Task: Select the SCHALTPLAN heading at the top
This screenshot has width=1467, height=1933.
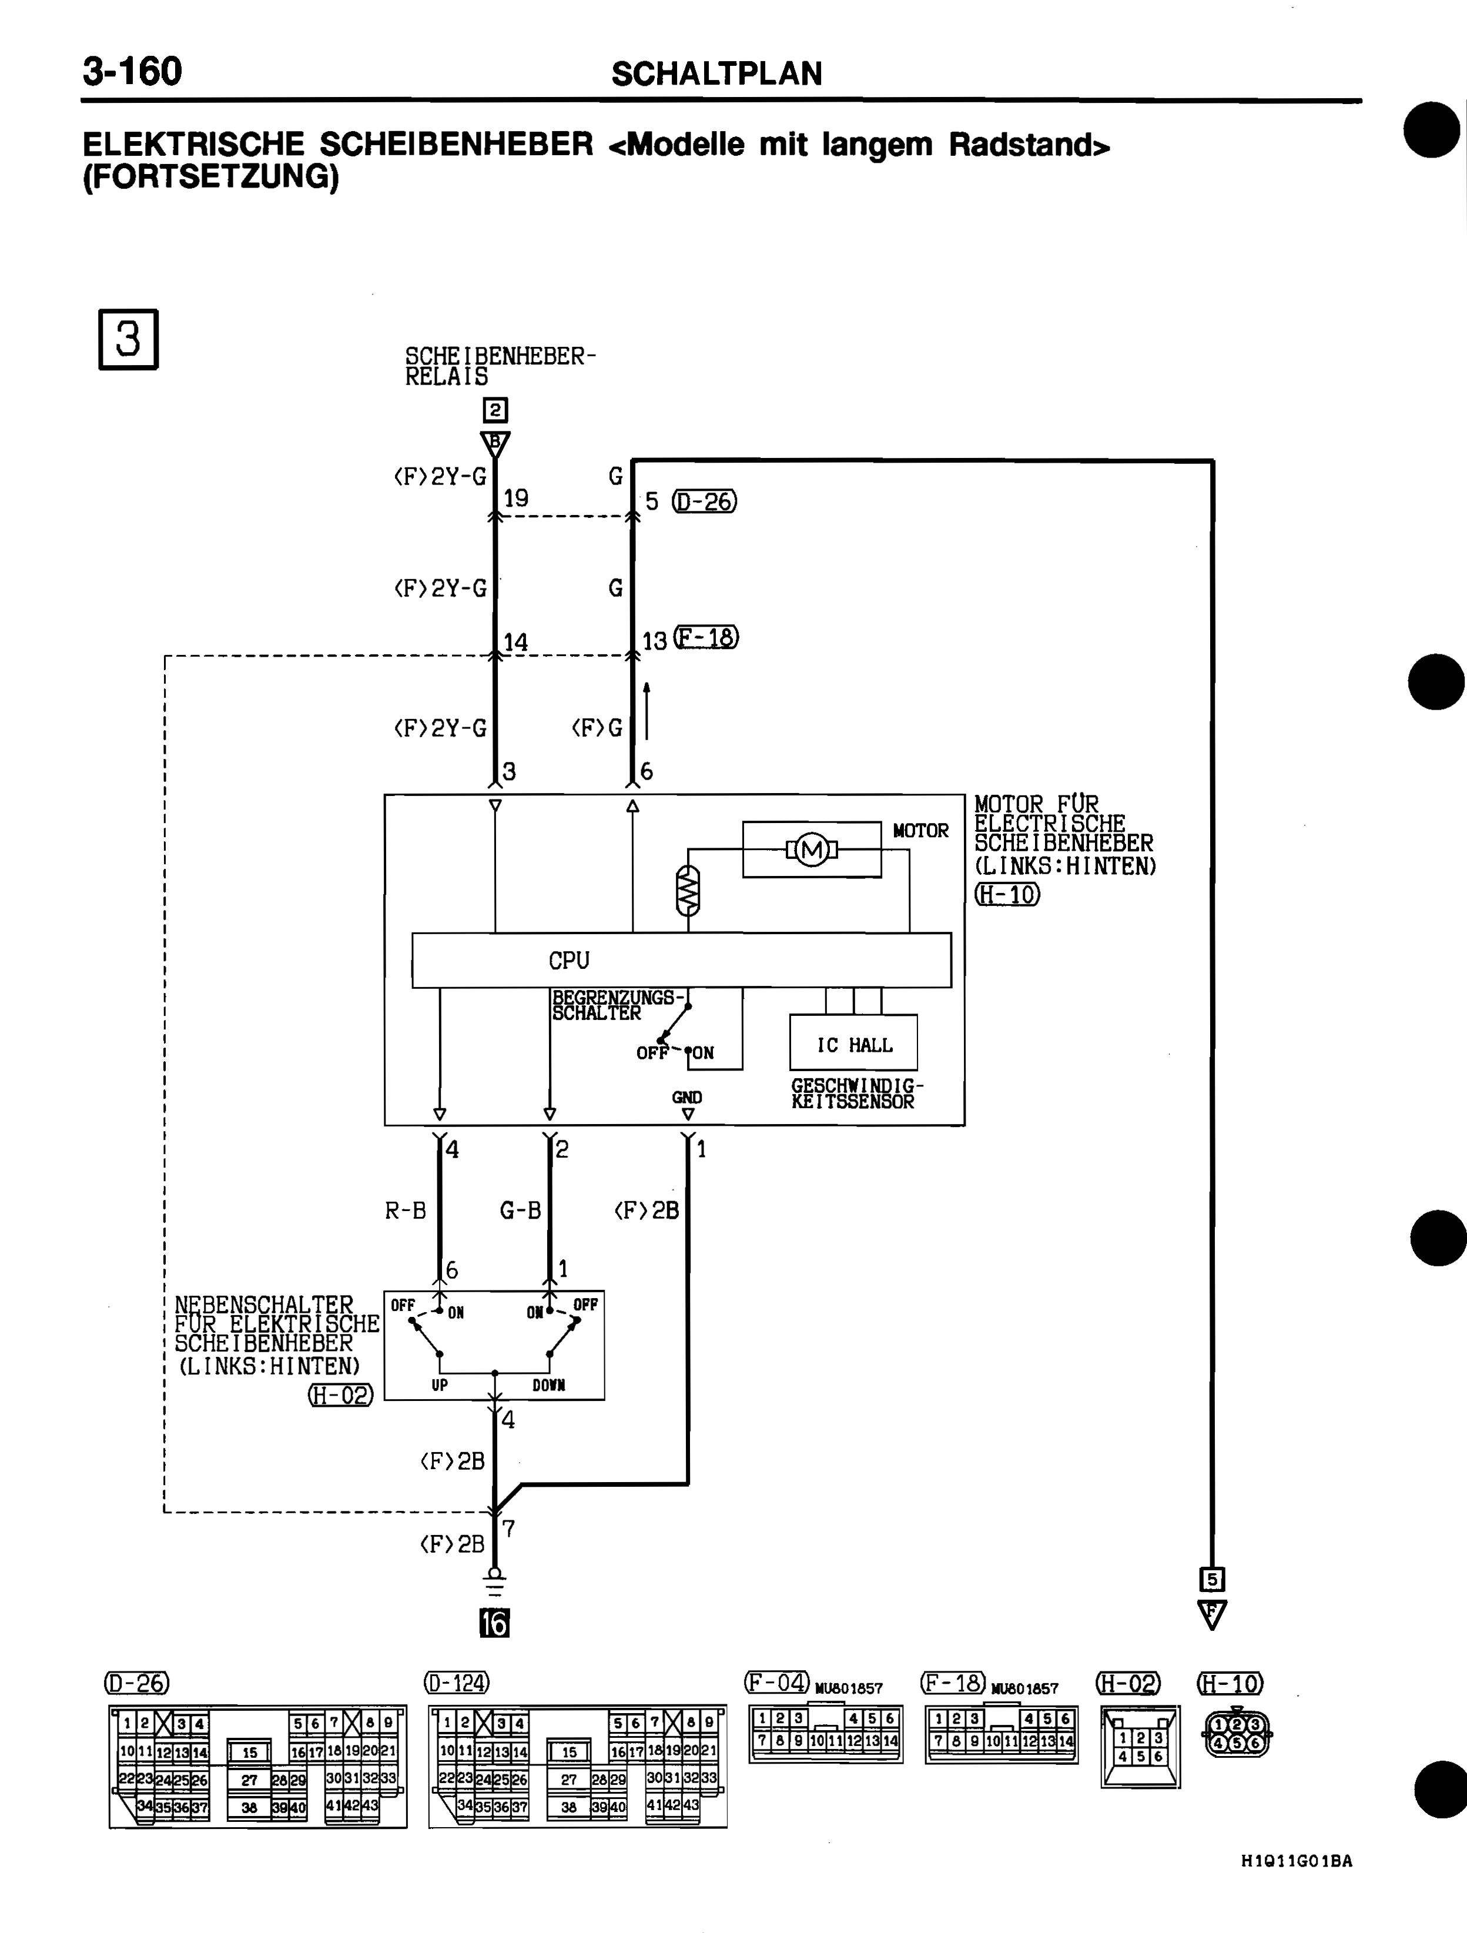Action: [716, 74]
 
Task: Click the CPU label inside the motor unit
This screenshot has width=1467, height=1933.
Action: [569, 961]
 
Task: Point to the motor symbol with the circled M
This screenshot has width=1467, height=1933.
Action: [812, 848]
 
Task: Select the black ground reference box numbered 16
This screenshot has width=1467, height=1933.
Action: [494, 1623]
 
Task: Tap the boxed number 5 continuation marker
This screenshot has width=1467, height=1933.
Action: [1212, 1579]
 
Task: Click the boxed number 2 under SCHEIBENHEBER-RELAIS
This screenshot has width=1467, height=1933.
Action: [495, 410]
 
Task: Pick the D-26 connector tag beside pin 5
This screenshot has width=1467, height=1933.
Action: [704, 501]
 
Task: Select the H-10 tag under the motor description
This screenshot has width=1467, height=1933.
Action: [1007, 894]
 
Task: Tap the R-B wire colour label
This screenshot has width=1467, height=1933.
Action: [406, 1210]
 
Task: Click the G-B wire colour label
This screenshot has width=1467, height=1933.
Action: [520, 1210]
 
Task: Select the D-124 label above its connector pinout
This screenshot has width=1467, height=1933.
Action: [457, 1681]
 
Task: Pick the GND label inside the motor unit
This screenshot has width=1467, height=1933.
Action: [686, 1096]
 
